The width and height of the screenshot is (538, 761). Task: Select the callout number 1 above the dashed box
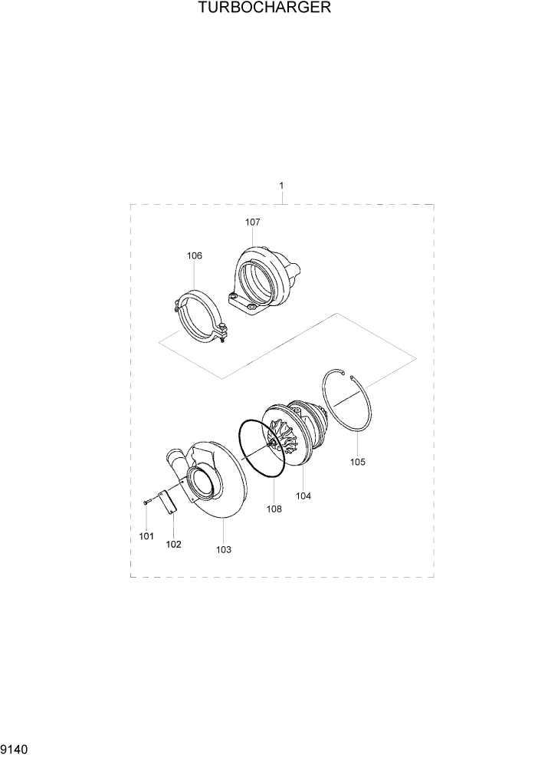tap(282, 186)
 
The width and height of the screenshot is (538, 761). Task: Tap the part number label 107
tap(253, 222)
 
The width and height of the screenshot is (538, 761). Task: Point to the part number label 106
tap(195, 255)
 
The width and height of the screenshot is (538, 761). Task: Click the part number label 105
tap(358, 462)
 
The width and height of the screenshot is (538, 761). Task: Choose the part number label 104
tap(304, 496)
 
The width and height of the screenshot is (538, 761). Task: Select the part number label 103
tap(224, 549)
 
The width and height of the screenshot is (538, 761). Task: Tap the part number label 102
tap(173, 544)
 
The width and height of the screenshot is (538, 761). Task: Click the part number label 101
tap(146, 535)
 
